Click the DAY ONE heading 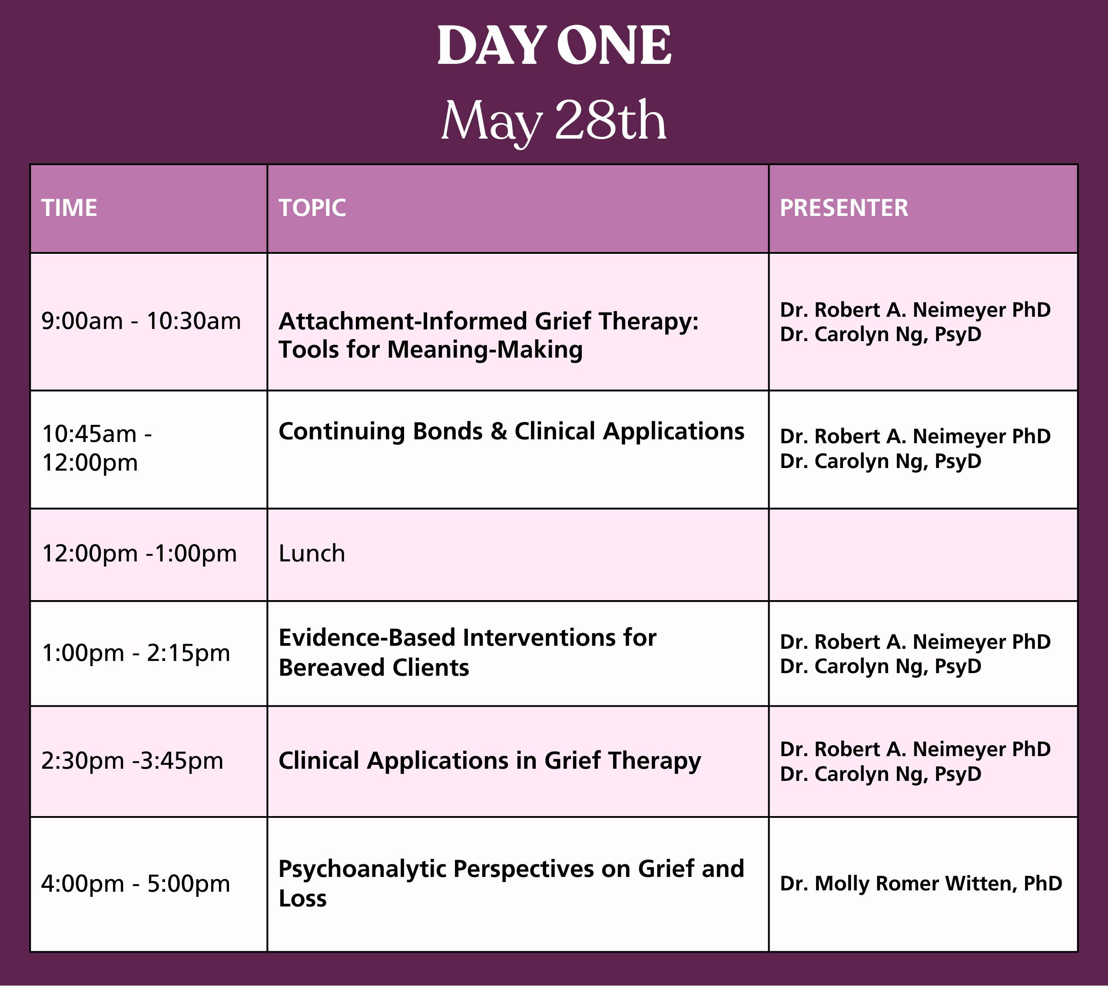tap(554, 46)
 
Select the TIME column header tap(70, 208)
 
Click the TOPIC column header tap(312, 208)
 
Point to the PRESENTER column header tap(844, 208)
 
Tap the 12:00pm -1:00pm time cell tap(139, 554)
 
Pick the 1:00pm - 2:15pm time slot tap(136, 653)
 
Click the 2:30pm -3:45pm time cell tap(132, 761)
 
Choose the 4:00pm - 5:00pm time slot tap(136, 884)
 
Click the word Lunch tap(312, 554)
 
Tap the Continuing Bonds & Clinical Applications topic tap(511, 432)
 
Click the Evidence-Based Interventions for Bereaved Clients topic tap(467, 653)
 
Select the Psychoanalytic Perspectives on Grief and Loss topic tap(511, 884)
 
